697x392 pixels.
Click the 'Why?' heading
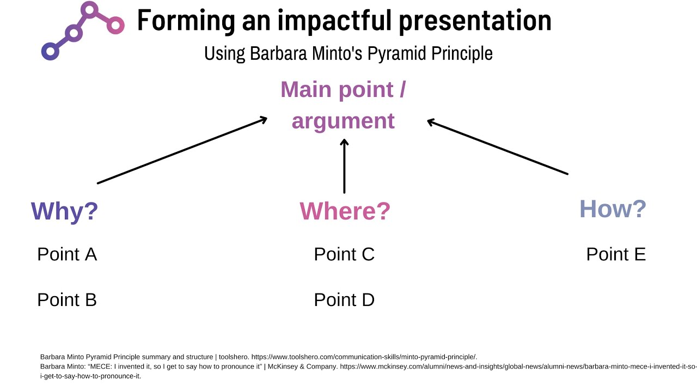click(x=64, y=211)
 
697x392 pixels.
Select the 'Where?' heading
click(x=345, y=211)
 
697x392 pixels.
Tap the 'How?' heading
click(x=613, y=209)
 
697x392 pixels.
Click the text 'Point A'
click(x=67, y=254)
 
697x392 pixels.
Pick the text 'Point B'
click(x=67, y=300)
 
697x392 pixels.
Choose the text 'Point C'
click(x=344, y=254)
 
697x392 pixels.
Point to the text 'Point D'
click(x=344, y=300)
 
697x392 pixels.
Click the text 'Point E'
click(x=616, y=254)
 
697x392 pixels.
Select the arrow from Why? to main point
click(x=182, y=150)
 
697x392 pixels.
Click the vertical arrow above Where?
click(x=344, y=166)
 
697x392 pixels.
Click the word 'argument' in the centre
click(x=343, y=120)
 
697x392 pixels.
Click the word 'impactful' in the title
click(x=335, y=21)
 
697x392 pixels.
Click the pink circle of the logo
click(x=115, y=24)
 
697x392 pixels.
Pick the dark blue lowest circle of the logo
click(x=50, y=51)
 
